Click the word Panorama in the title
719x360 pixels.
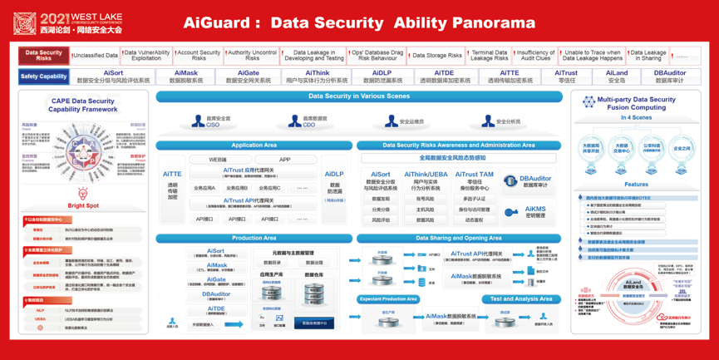tap(491, 22)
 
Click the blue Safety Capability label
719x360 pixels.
tap(43, 76)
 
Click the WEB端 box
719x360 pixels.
tap(218, 159)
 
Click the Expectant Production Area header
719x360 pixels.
tap(389, 298)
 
